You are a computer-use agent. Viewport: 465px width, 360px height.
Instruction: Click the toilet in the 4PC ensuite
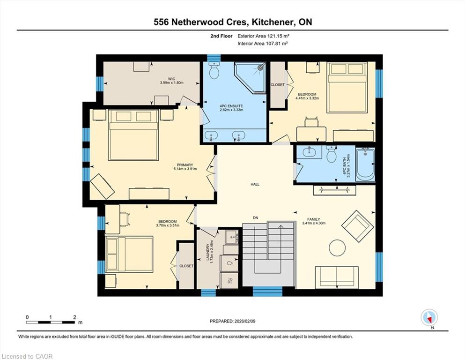pos(214,70)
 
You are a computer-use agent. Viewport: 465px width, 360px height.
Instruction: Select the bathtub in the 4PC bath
pos(365,164)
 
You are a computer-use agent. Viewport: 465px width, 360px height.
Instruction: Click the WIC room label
pos(171,79)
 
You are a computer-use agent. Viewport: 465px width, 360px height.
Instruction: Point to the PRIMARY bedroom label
pos(185,165)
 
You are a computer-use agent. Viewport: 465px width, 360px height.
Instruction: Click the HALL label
pos(255,184)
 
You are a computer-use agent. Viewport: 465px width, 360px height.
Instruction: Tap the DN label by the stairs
pos(256,218)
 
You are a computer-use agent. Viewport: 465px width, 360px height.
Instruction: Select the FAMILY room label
pos(313,219)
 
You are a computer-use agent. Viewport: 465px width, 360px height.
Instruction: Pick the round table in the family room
pos(337,247)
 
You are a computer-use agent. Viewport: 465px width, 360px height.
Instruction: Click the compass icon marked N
pos(429,317)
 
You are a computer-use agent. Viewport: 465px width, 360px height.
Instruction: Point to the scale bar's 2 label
pos(74,317)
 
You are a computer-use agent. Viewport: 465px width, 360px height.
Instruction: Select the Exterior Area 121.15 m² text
pos(263,36)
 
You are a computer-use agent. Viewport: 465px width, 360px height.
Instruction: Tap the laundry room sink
pos(231,237)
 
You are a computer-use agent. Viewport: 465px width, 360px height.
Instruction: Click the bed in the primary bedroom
pos(133,135)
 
